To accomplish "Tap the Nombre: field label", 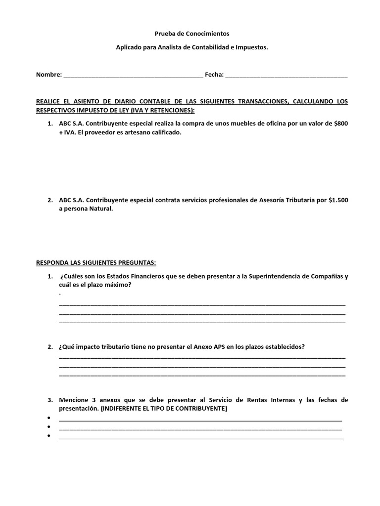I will tap(49, 75).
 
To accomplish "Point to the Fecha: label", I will tap(214, 75).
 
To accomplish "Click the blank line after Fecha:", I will tap(286, 76).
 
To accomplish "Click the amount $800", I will tap(341, 124).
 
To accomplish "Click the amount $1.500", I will tap(338, 200).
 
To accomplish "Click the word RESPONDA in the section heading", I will tap(53, 262).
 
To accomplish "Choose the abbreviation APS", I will tap(219, 347).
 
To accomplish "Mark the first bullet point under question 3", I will tap(49, 419).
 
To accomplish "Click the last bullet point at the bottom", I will tap(49, 436).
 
